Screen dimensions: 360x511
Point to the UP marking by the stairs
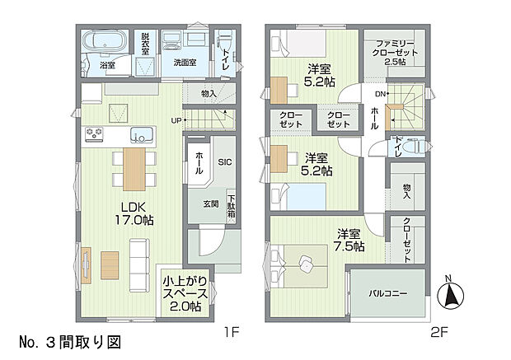coord(176,121)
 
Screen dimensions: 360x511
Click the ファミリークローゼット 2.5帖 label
coord(394,50)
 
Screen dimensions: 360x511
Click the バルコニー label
coord(387,293)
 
